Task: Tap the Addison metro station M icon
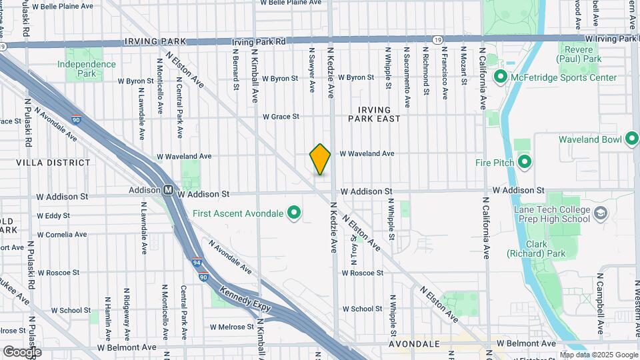tap(169, 191)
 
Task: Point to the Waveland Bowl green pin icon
tap(632, 139)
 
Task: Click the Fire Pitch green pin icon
tap(525, 162)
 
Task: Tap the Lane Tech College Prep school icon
tap(601, 214)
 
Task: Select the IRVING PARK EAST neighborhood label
tap(374, 113)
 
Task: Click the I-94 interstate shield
tap(197, 263)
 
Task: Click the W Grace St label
tap(281, 117)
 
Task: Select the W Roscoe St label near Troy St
tap(363, 273)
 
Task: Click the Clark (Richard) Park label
tap(536, 249)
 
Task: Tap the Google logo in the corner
tap(21, 351)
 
